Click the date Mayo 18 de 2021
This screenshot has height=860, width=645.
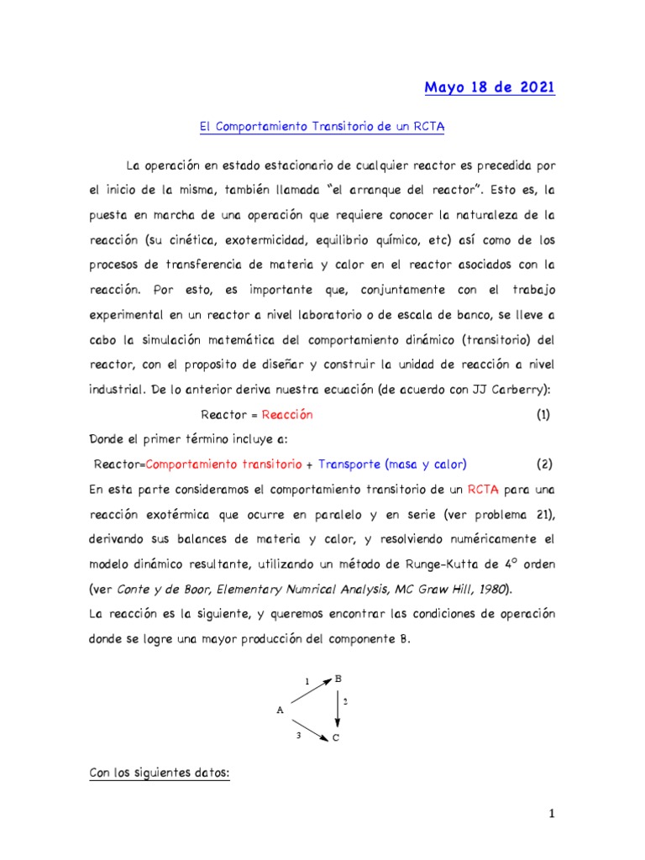tap(489, 88)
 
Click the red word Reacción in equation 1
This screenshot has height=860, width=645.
tap(287, 415)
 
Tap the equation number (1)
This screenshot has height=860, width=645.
tap(543, 415)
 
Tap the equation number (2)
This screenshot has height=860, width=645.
tap(543, 464)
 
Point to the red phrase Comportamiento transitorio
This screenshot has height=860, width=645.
tap(225, 464)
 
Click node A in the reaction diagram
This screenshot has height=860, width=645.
tap(280, 711)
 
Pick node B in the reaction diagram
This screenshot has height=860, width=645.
tap(338, 679)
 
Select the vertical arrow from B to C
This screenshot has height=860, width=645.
tap(338, 708)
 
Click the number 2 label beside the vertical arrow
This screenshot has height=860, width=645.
tap(346, 700)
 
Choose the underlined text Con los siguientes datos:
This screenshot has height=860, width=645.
tap(159, 773)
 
